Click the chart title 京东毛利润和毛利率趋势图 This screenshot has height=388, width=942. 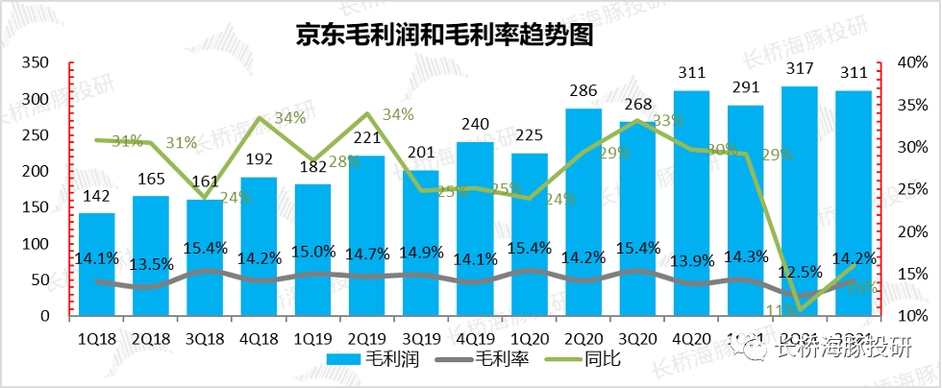(x=443, y=35)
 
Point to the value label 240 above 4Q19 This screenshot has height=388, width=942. (x=475, y=126)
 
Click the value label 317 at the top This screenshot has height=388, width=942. (x=800, y=69)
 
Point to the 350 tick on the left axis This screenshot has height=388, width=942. (x=37, y=63)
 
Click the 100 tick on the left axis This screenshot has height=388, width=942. (x=37, y=243)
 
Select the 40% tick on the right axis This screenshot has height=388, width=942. (x=908, y=63)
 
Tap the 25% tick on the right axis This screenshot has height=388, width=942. (x=908, y=189)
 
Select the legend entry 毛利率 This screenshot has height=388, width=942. (x=478, y=361)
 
